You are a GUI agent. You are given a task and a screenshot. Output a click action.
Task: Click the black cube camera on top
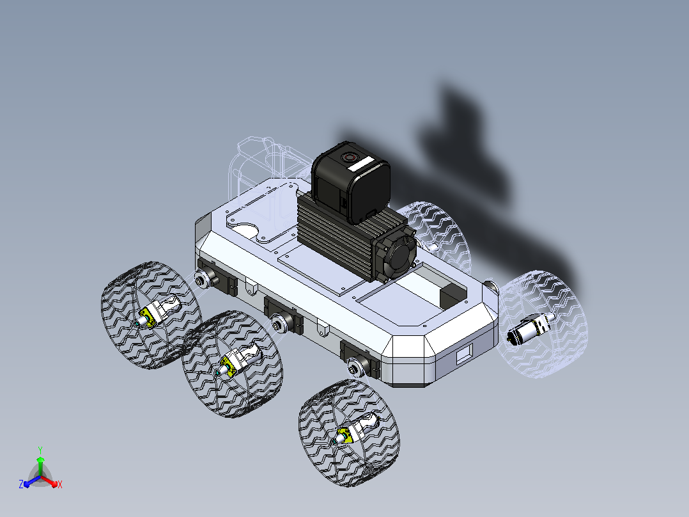[351, 182]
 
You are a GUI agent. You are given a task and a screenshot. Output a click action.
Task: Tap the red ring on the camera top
[350, 157]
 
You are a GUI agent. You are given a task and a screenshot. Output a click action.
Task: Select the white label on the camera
[362, 166]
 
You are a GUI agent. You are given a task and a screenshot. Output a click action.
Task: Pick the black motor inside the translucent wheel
[526, 330]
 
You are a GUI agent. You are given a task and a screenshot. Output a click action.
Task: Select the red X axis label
[60, 484]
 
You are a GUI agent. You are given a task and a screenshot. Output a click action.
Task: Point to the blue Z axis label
[21, 484]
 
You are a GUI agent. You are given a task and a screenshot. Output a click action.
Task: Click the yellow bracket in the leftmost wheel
[148, 317]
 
